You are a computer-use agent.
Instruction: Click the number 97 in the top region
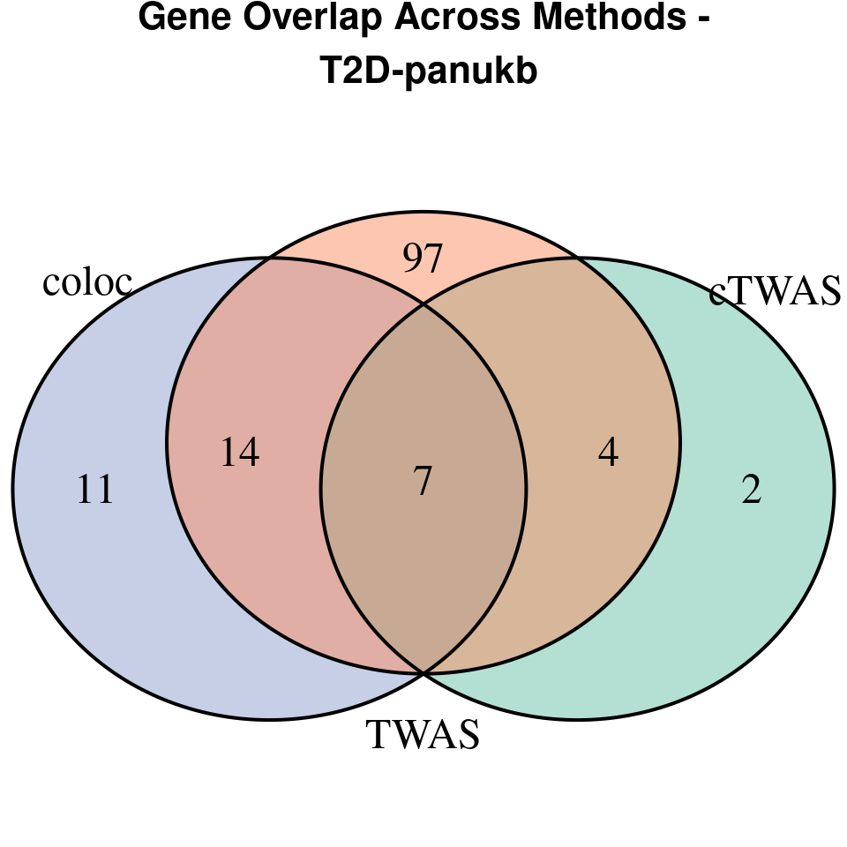pos(422,259)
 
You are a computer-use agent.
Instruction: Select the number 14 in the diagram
pos(239,453)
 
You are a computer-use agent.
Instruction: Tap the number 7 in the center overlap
pos(423,482)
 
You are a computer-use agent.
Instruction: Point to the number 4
pos(608,453)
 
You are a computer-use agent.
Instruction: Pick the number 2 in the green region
pos(751,490)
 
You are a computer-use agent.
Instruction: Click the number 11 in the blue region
pos(95,490)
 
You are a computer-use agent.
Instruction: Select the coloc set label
pos(87,282)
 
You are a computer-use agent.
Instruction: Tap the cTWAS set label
pos(775,292)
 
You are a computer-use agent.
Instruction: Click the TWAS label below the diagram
pos(423,734)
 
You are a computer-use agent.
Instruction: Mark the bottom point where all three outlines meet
pos(423,673)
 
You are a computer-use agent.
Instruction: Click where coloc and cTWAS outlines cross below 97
pos(423,305)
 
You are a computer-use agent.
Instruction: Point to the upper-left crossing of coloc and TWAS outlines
pos(267,259)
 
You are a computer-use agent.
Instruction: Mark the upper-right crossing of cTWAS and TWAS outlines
pos(578,259)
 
